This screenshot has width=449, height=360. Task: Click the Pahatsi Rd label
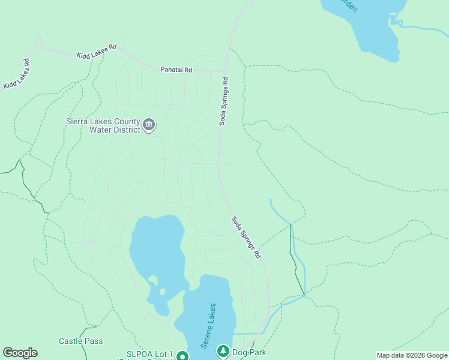click(x=176, y=70)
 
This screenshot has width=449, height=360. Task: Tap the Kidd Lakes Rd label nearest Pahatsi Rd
click(x=96, y=52)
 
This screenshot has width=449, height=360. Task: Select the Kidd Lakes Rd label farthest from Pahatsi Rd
click(x=17, y=74)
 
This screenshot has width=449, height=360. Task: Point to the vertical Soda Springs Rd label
click(x=223, y=101)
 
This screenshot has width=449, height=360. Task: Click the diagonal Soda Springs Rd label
click(x=247, y=237)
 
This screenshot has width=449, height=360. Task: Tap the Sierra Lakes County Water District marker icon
click(x=149, y=125)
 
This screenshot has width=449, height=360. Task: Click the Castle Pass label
click(x=80, y=341)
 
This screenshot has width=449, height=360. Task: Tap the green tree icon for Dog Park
click(x=223, y=350)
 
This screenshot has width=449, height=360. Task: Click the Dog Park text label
click(x=249, y=353)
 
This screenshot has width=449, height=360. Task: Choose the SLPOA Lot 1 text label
click(x=149, y=354)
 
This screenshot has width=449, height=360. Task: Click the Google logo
click(x=20, y=353)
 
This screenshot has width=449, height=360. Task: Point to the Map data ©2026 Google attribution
click(x=412, y=355)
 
